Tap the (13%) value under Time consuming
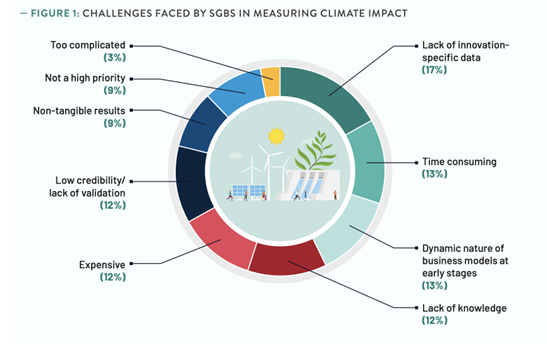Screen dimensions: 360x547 point(435,175)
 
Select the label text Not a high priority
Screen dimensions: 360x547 point(83,77)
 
